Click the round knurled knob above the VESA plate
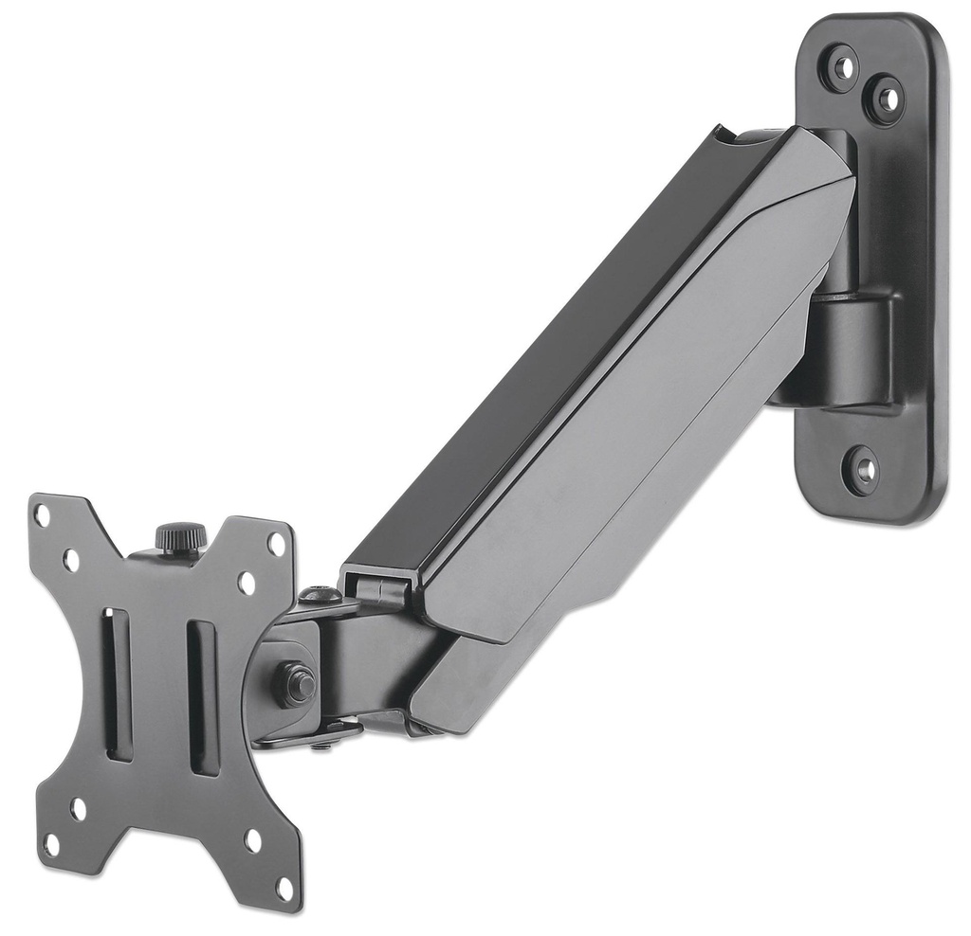click(x=181, y=538)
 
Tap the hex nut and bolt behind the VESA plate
click(x=298, y=682)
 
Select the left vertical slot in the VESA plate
click(x=117, y=683)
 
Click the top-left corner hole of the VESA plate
click(x=42, y=515)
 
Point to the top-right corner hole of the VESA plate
click(x=276, y=543)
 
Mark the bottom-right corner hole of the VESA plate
click(x=284, y=889)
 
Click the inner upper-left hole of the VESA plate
click(x=71, y=560)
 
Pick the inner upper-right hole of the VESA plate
click(x=247, y=582)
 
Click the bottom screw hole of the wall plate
click(x=861, y=469)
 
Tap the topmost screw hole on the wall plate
click(x=840, y=67)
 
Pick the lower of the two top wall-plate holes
click(x=886, y=96)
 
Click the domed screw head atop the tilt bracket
click(x=320, y=596)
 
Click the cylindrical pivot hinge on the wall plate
click(x=850, y=351)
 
